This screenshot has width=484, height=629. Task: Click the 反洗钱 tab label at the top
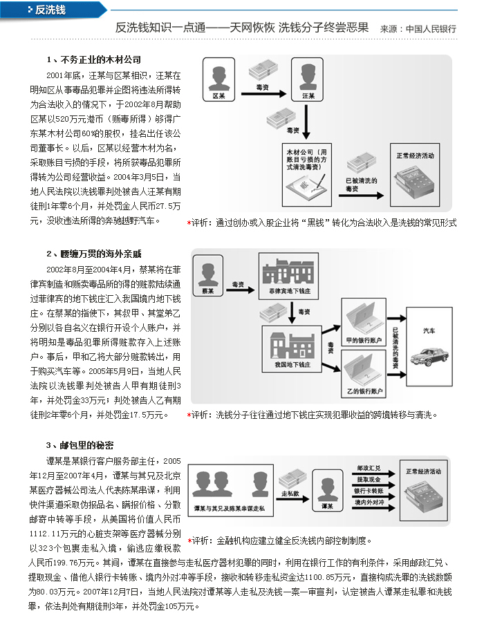pos(50,10)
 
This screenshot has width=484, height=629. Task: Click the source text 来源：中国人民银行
pos(418,30)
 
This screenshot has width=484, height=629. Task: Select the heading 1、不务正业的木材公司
pos(93,60)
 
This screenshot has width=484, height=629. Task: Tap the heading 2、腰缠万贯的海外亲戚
pos(93,254)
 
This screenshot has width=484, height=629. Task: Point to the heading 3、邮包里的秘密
pos(80,444)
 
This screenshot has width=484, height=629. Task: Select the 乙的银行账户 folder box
pos(365,374)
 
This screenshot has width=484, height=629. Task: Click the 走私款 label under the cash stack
pos(290,494)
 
